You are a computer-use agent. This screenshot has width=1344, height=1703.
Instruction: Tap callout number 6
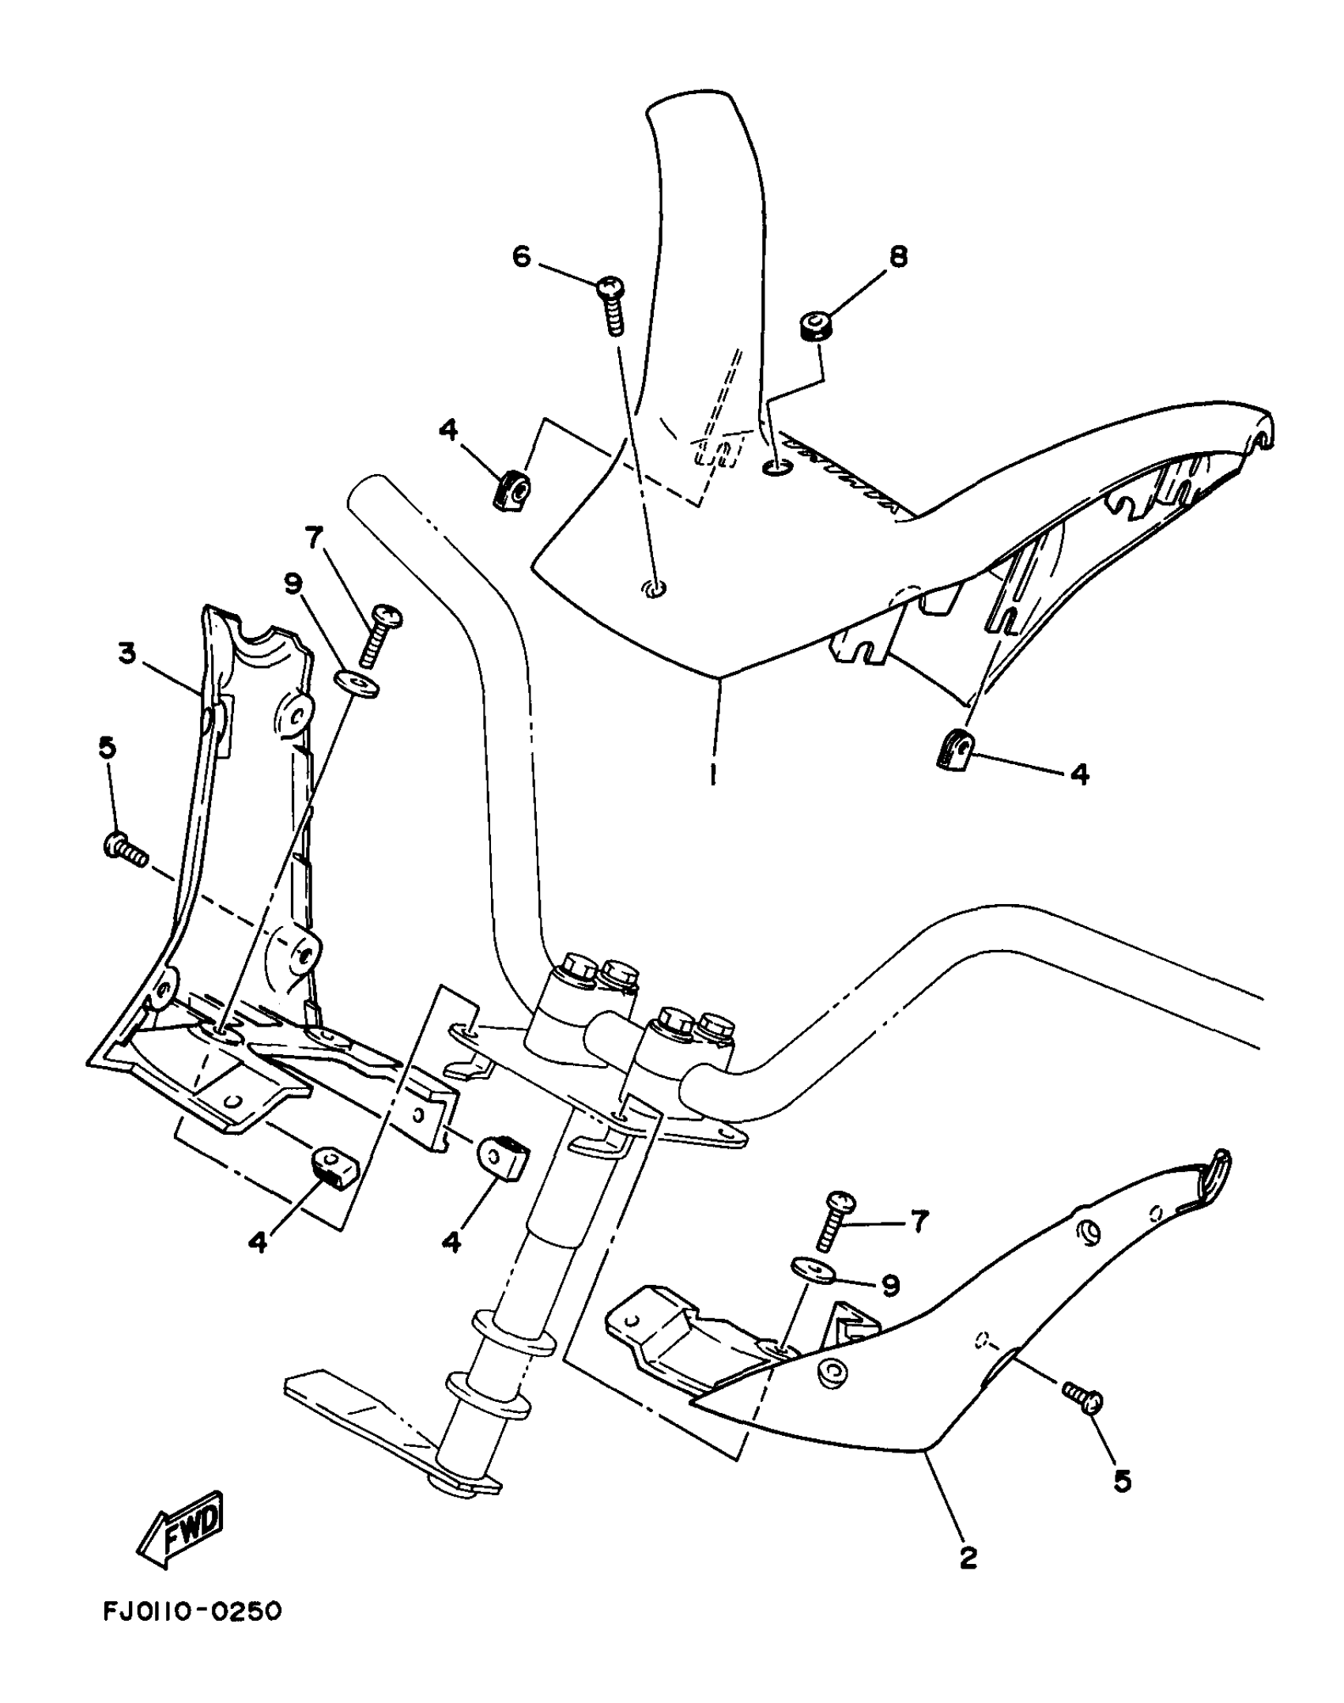point(522,256)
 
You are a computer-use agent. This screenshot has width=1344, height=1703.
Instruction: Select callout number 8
point(899,256)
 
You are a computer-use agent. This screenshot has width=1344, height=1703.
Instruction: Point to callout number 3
point(126,654)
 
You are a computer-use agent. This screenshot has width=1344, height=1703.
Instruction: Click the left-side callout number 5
point(108,748)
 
